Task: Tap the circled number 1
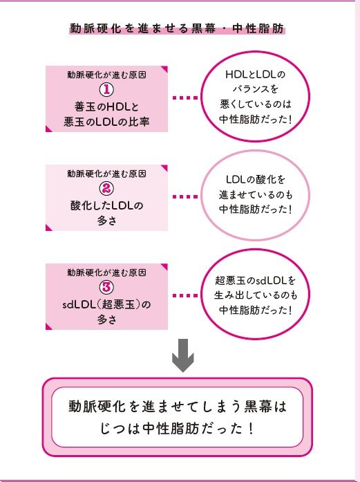click(x=106, y=89)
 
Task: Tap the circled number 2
click(x=106, y=188)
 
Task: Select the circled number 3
click(x=106, y=287)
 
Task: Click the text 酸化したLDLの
click(x=106, y=205)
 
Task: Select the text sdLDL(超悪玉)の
click(x=106, y=304)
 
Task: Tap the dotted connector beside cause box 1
click(x=184, y=98)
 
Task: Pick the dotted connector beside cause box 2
click(x=184, y=196)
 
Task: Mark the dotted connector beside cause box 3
click(x=184, y=296)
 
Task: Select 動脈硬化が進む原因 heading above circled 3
click(x=106, y=272)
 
